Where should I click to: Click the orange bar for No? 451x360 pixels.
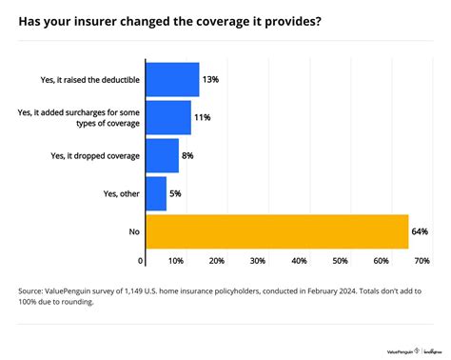[277, 231]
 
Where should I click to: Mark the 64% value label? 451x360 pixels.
[421, 231]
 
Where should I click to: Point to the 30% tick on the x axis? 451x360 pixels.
[258, 261]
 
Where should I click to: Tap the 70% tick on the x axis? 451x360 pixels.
[422, 261]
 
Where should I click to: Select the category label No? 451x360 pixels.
[132, 231]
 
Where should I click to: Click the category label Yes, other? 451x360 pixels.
[116, 193]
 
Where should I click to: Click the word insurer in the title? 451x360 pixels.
[99, 21]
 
